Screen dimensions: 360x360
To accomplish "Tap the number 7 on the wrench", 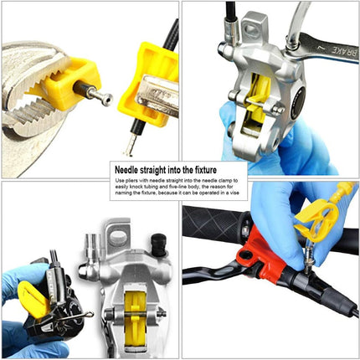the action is pos(320,46).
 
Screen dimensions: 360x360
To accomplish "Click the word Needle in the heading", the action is pos(126,170).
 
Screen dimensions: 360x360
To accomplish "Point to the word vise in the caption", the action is pos(235,193).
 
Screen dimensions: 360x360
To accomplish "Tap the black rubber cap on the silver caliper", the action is pos(158,244).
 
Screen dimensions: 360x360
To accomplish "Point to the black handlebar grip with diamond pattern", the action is pos(214,224).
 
